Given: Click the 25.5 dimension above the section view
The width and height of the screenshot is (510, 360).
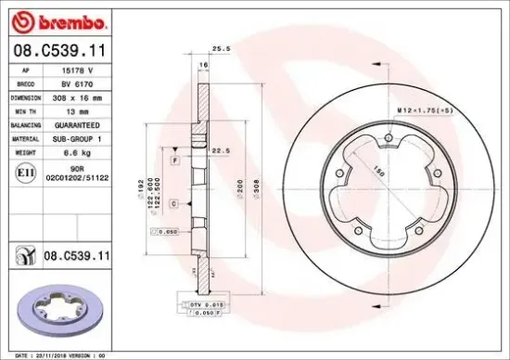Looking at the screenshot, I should [219, 46].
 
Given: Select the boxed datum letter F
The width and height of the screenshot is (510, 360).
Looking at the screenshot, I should [175, 161].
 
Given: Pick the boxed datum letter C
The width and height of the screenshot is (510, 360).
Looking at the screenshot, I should [175, 202].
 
